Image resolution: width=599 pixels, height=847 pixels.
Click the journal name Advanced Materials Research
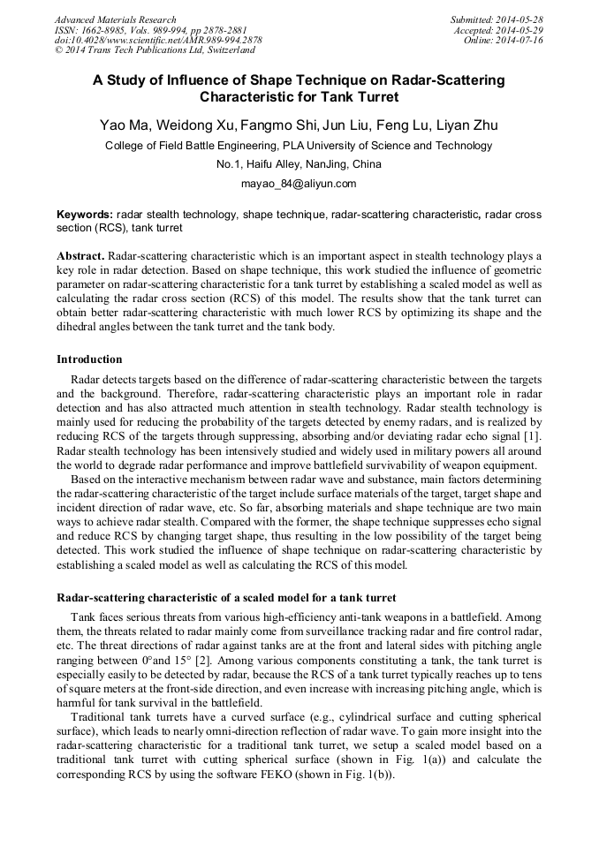(115, 19)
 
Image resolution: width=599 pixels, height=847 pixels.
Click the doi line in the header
(157, 41)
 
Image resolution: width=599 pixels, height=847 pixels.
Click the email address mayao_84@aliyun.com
(299, 184)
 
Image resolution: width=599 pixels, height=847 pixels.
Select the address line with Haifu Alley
(299, 164)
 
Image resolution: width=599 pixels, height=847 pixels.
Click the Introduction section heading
(89, 359)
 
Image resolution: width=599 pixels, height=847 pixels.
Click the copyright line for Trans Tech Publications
(155, 51)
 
